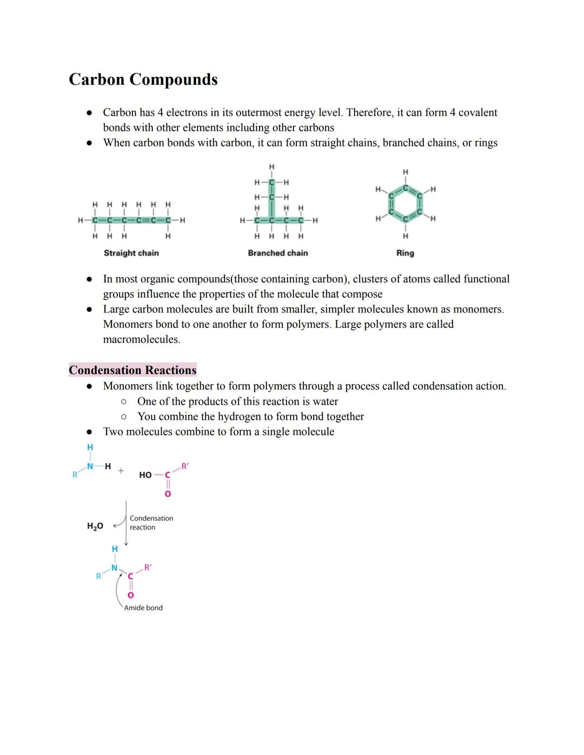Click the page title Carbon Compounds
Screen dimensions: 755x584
point(143,79)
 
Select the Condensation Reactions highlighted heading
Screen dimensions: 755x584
point(132,370)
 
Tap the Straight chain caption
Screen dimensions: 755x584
point(131,253)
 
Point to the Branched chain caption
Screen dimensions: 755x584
point(278,253)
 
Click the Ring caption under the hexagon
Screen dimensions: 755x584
point(405,253)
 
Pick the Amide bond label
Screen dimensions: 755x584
point(143,608)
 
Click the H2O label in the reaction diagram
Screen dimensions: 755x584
point(95,526)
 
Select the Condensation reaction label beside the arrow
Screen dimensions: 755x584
point(151,523)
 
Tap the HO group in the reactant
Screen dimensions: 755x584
point(145,475)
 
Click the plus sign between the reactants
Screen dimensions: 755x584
point(121,471)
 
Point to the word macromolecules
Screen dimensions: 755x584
point(141,339)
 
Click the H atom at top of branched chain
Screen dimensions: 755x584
point(271,166)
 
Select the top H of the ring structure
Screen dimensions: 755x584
point(406,172)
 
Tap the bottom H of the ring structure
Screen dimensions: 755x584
point(406,236)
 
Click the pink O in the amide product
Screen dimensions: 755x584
point(130,595)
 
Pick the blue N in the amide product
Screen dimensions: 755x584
point(114,568)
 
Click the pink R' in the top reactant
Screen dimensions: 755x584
point(185,466)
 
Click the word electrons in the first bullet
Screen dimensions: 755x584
point(186,112)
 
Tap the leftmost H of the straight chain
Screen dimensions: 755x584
point(81,221)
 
